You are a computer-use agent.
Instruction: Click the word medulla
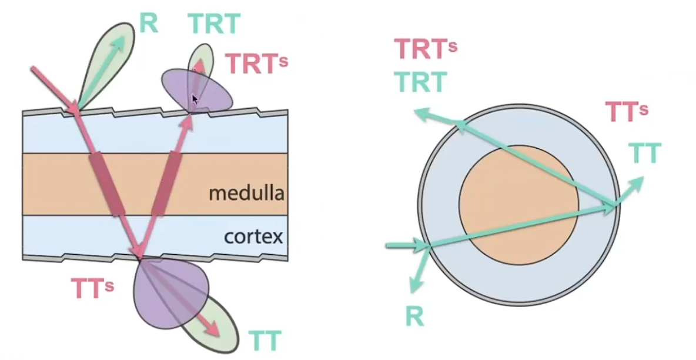tap(246, 193)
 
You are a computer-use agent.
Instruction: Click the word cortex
tap(253, 237)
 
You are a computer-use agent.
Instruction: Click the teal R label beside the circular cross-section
tap(414, 316)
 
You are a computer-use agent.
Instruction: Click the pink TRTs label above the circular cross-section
tap(425, 50)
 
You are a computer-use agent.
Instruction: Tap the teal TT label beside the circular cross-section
tap(645, 154)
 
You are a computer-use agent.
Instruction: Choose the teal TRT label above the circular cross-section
tap(421, 82)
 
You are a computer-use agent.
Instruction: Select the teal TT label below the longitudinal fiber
tap(265, 341)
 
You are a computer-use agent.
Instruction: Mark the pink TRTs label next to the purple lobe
tap(256, 64)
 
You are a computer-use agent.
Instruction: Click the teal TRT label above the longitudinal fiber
tap(214, 24)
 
